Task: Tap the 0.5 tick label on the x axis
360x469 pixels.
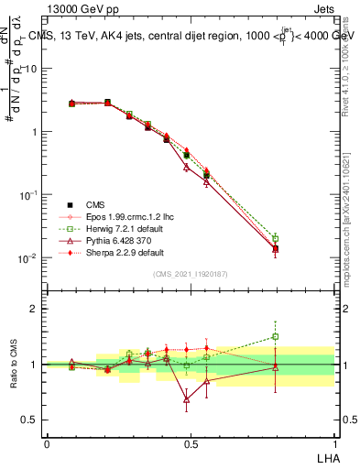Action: pos(190,443)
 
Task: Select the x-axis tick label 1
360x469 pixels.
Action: pos(333,443)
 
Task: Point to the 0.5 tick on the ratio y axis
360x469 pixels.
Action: pos(29,420)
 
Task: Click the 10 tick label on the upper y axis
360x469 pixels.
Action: pos(28,70)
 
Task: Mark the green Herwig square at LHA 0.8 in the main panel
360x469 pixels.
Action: pos(276,239)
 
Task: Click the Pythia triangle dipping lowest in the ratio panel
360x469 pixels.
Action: pos(187,399)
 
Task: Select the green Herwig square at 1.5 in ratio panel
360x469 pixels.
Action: pos(276,337)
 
